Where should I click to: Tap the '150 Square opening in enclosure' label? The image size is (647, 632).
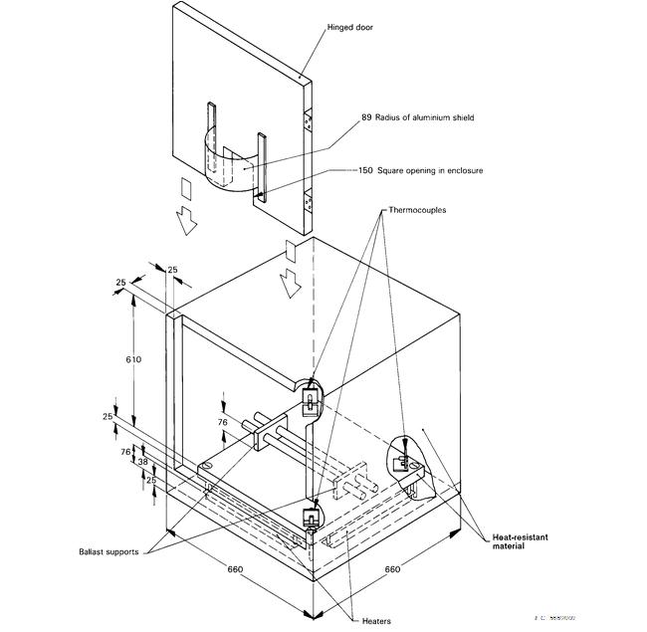click(420, 170)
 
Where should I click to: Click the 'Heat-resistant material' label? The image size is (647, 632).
click(521, 541)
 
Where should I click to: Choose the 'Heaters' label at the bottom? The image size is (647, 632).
click(375, 621)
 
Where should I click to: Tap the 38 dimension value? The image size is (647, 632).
click(142, 462)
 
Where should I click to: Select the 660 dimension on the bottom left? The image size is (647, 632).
click(235, 569)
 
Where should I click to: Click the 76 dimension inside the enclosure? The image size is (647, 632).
click(223, 421)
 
